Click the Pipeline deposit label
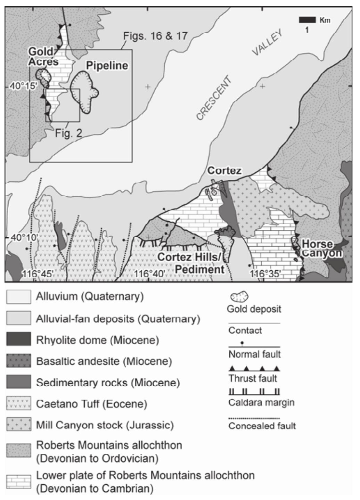coord(107,66)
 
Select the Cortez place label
coord(224,171)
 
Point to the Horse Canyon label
coord(321,248)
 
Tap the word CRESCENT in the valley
coord(214,98)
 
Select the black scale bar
coord(307,20)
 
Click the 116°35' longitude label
coord(265,274)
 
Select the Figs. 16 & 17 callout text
coord(155,36)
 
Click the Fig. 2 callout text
coord(68,133)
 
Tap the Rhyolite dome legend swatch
coord(19,339)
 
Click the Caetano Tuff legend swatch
coord(19,403)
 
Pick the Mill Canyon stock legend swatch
coord(19,425)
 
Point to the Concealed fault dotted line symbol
coord(254,418)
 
